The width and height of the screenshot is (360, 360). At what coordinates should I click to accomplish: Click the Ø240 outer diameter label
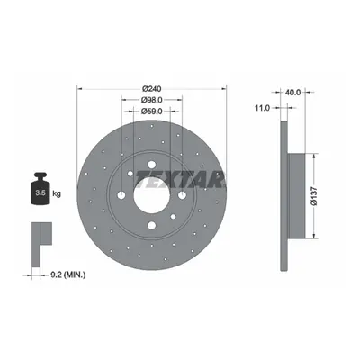pyautogui.click(x=152, y=89)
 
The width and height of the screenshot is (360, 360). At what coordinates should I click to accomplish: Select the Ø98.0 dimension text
pyautogui.click(x=152, y=100)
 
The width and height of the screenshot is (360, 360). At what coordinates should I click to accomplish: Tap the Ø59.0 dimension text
pyautogui.click(x=152, y=112)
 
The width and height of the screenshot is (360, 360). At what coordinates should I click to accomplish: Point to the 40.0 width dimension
pyautogui.click(x=292, y=93)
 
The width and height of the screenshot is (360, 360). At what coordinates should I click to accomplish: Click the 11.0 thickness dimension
pyautogui.click(x=262, y=108)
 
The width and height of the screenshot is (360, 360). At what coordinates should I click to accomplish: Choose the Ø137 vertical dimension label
pyautogui.click(x=314, y=196)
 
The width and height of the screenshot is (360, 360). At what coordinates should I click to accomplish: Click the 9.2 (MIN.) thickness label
pyautogui.click(x=67, y=274)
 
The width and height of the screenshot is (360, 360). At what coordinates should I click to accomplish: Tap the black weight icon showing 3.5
pyautogui.click(x=40, y=189)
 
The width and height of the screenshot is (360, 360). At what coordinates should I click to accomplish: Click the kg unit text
pyautogui.click(x=57, y=193)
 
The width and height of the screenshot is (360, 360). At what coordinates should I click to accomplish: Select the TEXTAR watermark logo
pyautogui.click(x=180, y=180)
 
